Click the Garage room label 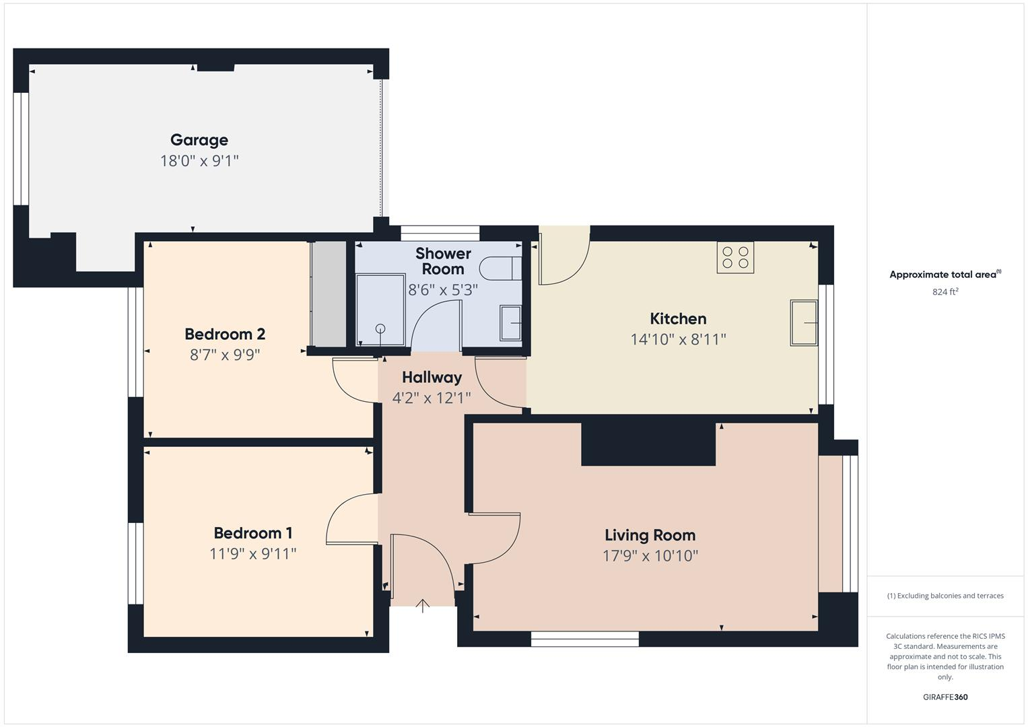[199, 140]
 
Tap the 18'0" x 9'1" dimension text [199, 161]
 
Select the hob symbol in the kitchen [735, 257]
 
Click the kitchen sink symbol [804, 323]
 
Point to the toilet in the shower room [502, 268]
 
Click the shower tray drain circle [380, 328]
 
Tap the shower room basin [511, 323]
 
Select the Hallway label [432, 377]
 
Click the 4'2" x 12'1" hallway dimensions [432, 398]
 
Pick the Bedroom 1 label [252, 533]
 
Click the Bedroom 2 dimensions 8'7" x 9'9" [225, 355]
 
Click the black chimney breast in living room [648, 444]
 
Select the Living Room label [650, 535]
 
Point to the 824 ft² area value [945, 292]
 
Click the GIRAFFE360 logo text [945, 697]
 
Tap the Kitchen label [678, 318]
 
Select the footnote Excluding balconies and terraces [945, 596]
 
